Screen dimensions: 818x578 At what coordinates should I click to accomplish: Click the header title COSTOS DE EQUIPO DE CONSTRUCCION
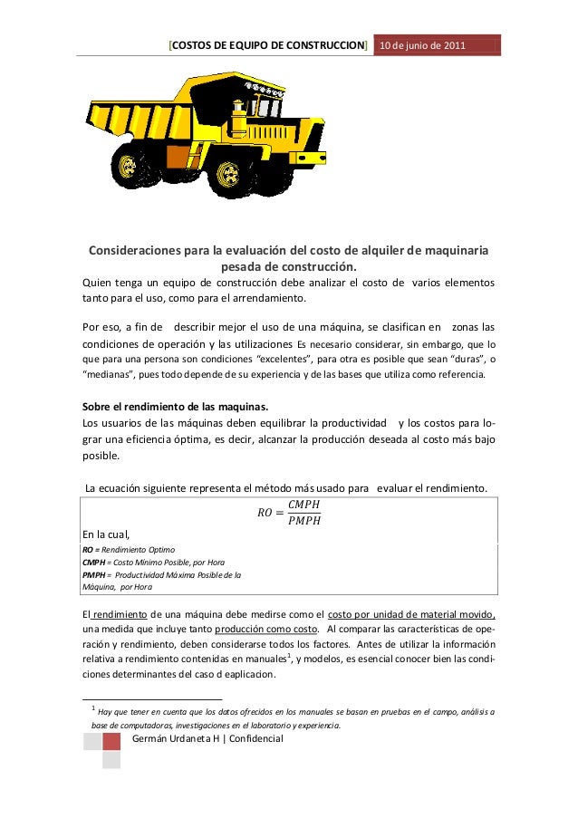[x=269, y=44]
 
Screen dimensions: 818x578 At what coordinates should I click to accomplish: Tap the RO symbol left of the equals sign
[x=265, y=513]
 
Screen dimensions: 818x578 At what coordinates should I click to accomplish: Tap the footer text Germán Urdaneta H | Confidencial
[x=207, y=739]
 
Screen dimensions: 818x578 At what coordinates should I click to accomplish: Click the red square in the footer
[x=111, y=742]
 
